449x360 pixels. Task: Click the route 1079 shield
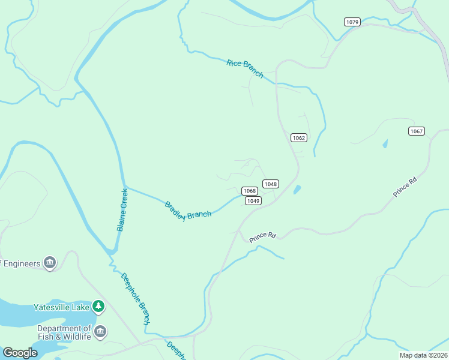352,22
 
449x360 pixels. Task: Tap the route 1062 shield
299,137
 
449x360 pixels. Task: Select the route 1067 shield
417,131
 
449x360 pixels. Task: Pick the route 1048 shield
271,184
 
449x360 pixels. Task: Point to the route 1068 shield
250,191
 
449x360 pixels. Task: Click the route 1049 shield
253,201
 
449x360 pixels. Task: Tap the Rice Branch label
245,68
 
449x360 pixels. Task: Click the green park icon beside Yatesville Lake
98,307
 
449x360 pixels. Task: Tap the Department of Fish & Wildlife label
64,332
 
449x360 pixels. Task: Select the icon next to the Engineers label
50,263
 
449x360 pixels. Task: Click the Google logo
20,353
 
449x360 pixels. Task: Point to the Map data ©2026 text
423,355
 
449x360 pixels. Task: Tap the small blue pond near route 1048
297,190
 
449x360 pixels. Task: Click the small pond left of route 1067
384,144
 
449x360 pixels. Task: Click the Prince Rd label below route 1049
262,236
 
